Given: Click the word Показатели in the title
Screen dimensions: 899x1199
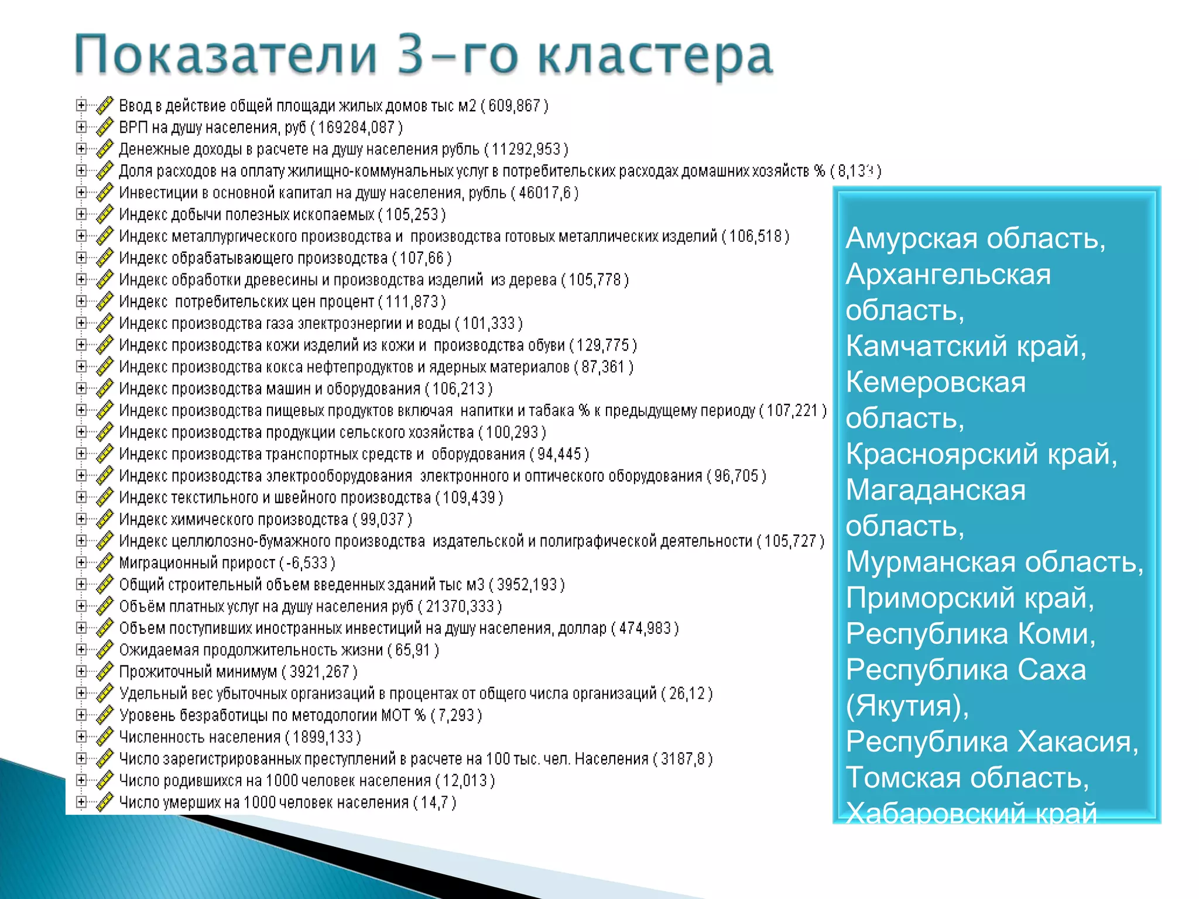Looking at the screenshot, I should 225,55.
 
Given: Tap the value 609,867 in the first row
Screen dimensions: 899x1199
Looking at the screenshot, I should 514,106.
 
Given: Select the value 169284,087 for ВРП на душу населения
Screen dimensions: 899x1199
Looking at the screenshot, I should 356,128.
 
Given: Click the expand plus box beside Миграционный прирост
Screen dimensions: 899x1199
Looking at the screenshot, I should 81,562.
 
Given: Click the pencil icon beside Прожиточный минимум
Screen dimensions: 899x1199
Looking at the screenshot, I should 104,671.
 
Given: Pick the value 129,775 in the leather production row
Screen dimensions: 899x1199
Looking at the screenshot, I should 602,345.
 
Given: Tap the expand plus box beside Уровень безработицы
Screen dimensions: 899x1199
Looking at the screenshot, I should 81,715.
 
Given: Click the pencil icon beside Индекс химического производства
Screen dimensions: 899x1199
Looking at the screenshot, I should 104,519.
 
